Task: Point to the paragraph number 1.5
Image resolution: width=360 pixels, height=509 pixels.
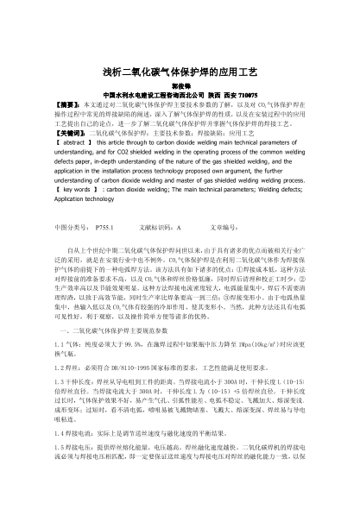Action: pyautogui.click(x=60, y=448)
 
